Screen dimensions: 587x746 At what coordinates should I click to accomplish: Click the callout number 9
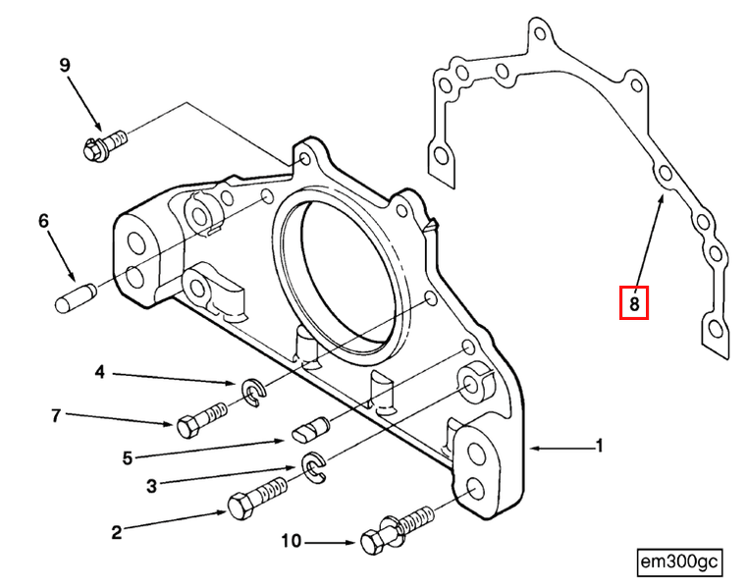coord(65,66)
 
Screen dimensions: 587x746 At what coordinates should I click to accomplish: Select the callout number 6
coord(43,222)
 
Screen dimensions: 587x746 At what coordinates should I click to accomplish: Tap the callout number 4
coord(99,372)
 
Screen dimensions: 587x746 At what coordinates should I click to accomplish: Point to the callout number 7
coord(56,416)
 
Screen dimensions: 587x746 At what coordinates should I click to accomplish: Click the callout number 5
coord(127,456)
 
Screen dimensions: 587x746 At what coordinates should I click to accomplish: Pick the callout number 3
coord(150,484)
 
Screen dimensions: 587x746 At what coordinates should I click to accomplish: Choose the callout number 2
coord(116,532)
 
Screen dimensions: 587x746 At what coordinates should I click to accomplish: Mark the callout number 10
coord(292,541)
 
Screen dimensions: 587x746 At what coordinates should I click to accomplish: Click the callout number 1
coord(599,447)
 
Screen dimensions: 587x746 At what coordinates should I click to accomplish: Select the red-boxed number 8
coord(634,304)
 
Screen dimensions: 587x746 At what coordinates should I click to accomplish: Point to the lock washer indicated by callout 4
coord(252,395)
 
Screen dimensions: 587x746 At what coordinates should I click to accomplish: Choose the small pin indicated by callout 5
coord(311,430)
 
